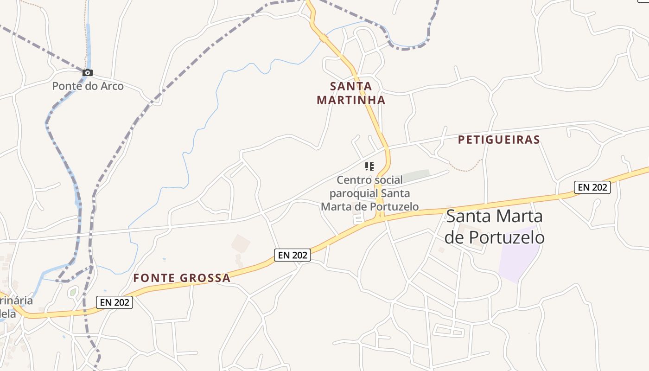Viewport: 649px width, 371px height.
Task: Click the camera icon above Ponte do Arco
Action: click(x=88, y=72)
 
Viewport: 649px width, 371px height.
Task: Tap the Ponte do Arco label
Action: click(x=88, y=86)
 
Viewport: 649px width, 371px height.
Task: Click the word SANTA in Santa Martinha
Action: click(x=351, y=86)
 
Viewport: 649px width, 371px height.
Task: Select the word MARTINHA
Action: click(x=351, y=100)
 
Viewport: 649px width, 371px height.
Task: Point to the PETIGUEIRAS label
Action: click(x=499, y=140)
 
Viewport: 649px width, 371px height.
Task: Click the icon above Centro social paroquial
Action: click(x=369, y=166)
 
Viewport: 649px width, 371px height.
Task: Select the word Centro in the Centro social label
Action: click(x=354, y=180)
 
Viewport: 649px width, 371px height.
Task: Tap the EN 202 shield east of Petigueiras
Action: click(x=592, y=187)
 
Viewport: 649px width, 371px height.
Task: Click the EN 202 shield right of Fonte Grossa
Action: click(x=292, y=255)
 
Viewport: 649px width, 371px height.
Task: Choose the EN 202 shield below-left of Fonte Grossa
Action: click(x=114, y=302)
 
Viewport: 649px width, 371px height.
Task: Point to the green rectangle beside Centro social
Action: click(x=416, y=176)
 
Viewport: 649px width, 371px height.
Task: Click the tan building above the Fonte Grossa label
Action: click(x=241, y=243)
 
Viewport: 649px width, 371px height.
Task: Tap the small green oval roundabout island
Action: click(x=73, y=292)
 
